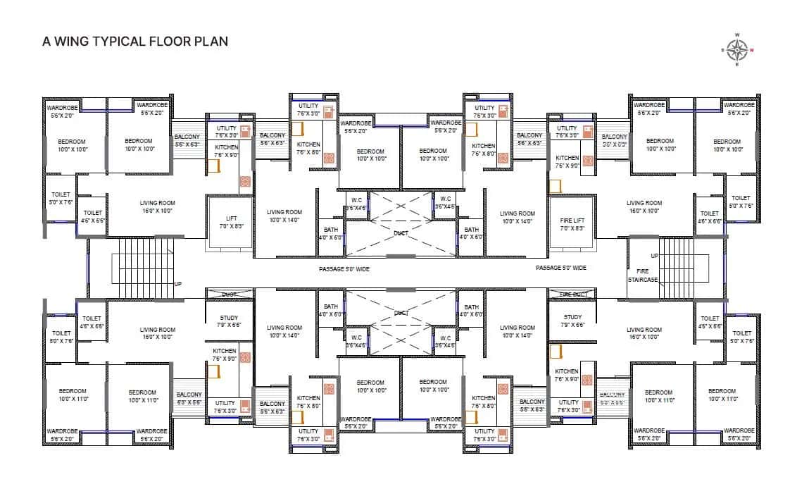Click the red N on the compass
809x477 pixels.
[x=752, y=50]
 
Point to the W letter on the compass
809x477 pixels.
[x=737, y=35]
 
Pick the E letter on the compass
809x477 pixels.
[x=737, y=65]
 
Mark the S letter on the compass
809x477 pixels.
[x=722, y=50]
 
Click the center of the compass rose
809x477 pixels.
[x=737, y=50]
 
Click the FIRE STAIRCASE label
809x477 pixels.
[x=642, y=275]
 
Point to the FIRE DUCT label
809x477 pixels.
[x=573, y=294]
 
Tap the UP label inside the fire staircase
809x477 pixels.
[x=654, y=256]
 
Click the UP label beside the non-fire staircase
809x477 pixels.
[x=178, y=283]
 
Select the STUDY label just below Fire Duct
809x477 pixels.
[x=572, y=321]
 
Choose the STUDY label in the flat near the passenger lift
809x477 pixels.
[x=230, y=321]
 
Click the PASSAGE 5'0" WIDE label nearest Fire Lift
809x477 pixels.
[x=560, y=268]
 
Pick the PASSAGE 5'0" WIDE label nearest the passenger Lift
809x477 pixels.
[x=344, y=268]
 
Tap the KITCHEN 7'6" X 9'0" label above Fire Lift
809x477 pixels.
[x=567, y=162]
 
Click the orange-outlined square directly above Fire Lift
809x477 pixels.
[x=555, y=186]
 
